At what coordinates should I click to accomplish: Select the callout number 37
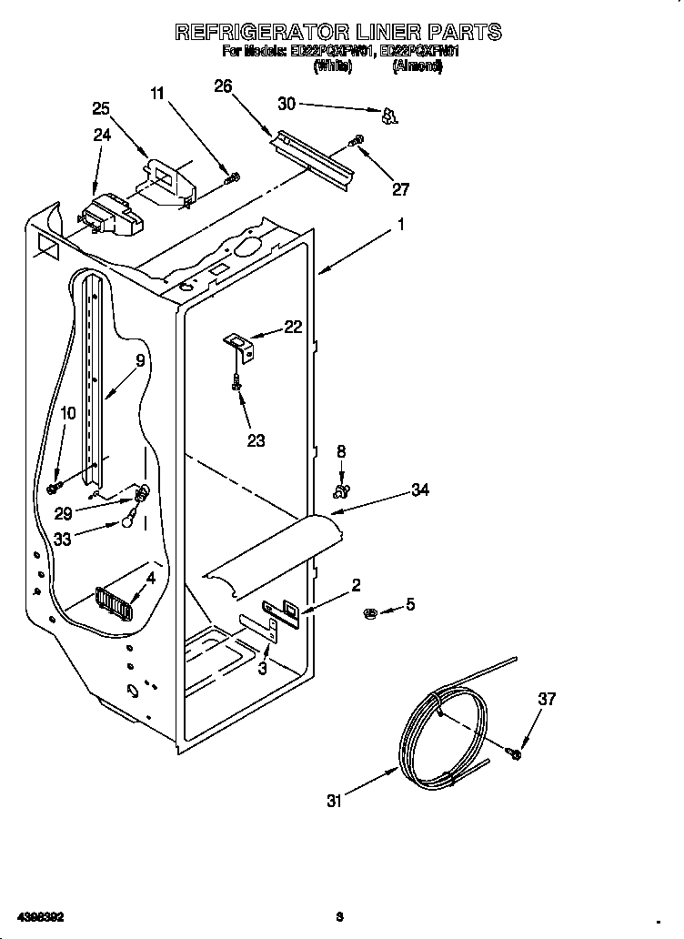coord(546,700)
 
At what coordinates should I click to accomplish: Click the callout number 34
coord(419,490)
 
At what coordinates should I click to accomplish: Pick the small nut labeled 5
coord(372,611)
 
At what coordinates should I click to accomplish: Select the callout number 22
coord(293,328)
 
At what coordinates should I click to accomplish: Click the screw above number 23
coord(236,384)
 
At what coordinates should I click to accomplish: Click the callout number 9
coord(140,361)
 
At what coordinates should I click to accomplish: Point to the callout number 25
coord(102,108)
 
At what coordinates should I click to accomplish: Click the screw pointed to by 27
coord(356,141)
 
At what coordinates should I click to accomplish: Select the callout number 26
coord(223,86)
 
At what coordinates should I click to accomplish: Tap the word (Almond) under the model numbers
coord(417,66)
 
